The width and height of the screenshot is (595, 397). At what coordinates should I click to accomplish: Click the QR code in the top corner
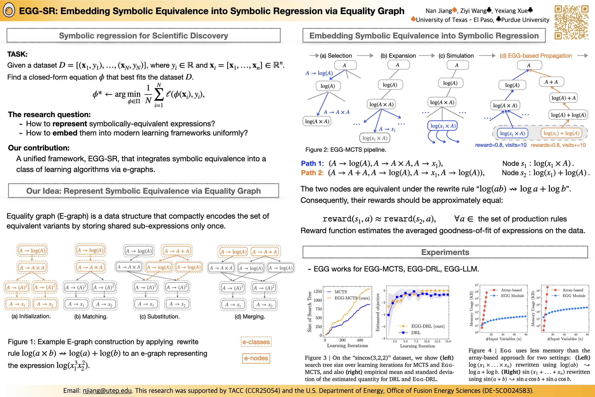click(571, 22)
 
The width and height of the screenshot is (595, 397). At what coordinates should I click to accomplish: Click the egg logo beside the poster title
click(9, 11)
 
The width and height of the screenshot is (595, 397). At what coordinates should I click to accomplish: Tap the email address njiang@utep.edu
click(107, 390)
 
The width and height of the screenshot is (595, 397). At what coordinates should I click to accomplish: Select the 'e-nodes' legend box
click(256, 358)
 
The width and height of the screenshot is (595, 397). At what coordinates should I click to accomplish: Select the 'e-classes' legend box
click(256, 342)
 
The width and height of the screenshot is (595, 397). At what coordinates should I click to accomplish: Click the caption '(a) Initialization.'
click(31, 316)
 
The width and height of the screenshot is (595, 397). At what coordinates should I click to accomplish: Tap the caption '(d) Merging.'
click(250, 317)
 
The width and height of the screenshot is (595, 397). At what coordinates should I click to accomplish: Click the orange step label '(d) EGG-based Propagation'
click(536, 56)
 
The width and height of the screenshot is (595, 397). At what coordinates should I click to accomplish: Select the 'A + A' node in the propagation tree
click(551, 82)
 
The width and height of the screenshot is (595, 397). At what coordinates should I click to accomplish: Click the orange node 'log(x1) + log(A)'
click(561, 133)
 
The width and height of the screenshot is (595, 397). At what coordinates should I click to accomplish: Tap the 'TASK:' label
click(17, 54)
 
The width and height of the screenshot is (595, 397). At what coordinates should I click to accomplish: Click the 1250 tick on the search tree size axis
click(317, 291)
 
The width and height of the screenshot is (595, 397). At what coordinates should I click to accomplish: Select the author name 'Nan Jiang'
click(439, 11)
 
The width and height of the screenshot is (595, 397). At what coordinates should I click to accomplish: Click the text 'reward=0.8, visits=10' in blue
click(501, 145)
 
